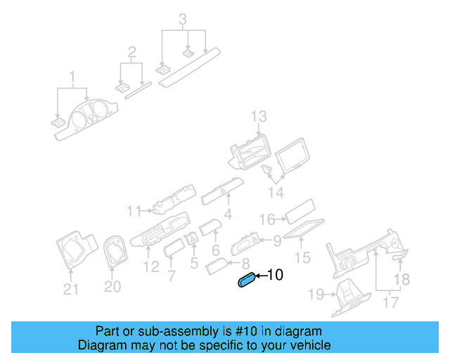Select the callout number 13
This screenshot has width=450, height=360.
coord(259,116)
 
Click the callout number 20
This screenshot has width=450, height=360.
coord(112,286)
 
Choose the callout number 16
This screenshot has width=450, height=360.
coord(267,219)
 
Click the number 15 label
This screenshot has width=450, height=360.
coord(302,258)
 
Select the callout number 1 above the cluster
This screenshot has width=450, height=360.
coord(71,76)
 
